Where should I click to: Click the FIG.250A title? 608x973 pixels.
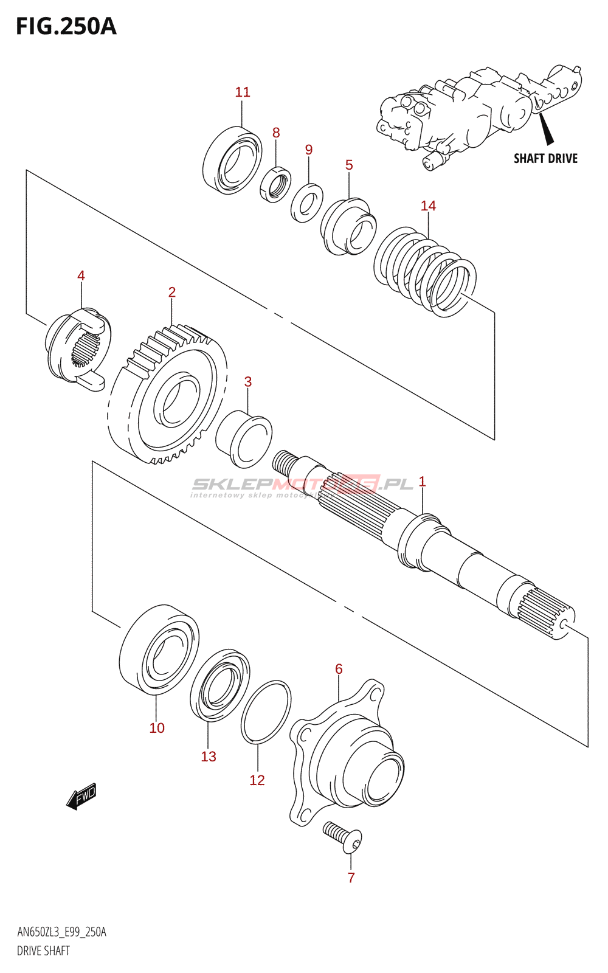pyautogui.click(x=66, y=27)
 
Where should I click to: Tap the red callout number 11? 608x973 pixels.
pyautogui.click(x=243, y=92)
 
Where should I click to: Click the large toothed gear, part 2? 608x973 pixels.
pyautogui.click(x=168, y=395)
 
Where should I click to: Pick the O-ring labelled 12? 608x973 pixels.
pyautogui.click(x=266, y=712)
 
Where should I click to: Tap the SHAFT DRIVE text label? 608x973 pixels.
pyautogui.click(x=545, y=159)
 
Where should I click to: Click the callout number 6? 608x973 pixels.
pyautogui.click(x=339, y=669)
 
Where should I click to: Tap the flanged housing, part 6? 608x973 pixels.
pyautogui.click(x=347, y=754)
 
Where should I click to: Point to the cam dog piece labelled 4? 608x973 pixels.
pyautogui.click(x=77, y=350)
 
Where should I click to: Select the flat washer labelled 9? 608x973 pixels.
pyautogui.click(x=307, y=203)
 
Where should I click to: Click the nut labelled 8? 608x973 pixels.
pyautogui.click(x=275, y=184)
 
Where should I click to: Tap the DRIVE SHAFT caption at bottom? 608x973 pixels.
pyautogui.click(x=43, y=951)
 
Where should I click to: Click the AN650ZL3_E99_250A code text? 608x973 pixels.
pyautogui.click(x=61, y=932)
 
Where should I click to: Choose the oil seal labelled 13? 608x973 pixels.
pyautogui.click(x=219, y=685)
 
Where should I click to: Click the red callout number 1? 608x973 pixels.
pyautogui.click(x=422, y=482)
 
